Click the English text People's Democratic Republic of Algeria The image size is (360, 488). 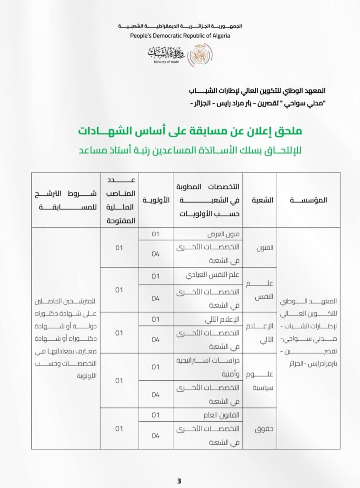click(180, 36)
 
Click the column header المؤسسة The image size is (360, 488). click(308, 200)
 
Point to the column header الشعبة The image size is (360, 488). click(260, 200)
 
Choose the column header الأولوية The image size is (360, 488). click(156, 200)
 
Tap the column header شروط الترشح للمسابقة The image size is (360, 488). click(66, 200)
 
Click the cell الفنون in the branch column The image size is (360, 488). click(260, 248)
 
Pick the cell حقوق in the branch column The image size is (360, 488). click(260, 428)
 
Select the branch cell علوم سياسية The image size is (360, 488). click(260, 380)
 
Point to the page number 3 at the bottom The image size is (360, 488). click(179, 481)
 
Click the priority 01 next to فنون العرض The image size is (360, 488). click(156, 234)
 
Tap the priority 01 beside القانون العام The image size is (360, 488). click(156, 415)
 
